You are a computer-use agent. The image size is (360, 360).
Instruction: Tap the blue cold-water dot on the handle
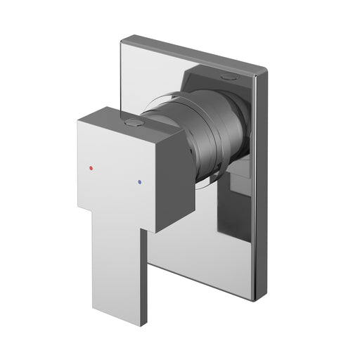[141, 181]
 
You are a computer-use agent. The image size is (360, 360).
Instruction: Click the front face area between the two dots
[117, 176]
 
